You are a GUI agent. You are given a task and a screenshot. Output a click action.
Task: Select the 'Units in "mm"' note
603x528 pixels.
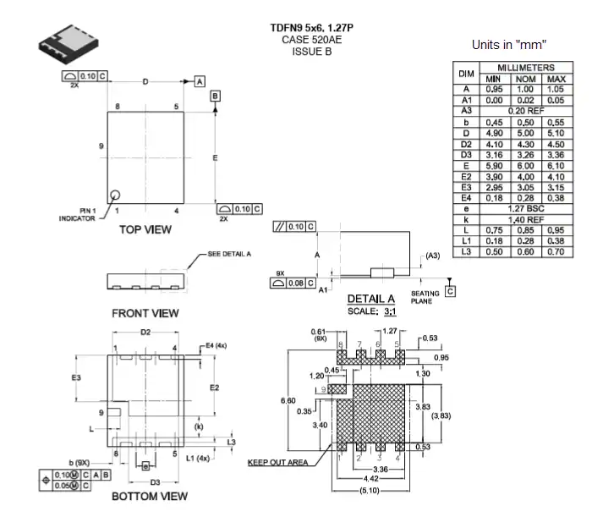click(507, 44)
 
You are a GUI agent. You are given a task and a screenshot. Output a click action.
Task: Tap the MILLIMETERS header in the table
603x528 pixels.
click(525, 68)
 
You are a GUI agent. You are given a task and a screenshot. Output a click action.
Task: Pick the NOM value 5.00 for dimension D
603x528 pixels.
click(525, 133)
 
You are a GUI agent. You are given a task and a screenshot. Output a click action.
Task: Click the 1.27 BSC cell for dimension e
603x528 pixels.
click(525, 208)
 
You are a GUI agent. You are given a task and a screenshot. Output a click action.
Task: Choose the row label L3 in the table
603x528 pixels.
click(465, 251)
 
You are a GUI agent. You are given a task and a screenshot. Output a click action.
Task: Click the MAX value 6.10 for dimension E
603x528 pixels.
click(556, 166)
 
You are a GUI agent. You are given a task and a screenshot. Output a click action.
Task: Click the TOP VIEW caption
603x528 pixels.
click(145, 229)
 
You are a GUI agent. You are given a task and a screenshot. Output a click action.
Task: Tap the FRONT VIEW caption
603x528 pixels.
click(145, 313)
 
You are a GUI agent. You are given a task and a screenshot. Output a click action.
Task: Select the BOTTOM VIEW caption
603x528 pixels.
click(150, 496)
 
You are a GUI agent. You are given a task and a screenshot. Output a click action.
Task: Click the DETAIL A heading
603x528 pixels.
click(371, 299)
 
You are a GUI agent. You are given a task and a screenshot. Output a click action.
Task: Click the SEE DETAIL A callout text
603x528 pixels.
click(229, 254)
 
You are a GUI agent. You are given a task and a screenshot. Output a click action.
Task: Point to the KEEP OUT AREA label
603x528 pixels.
click(277, 463)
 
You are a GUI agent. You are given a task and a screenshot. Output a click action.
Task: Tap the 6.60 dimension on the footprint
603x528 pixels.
click(288, 400)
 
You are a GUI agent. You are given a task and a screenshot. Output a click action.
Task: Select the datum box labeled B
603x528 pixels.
click(216, 96)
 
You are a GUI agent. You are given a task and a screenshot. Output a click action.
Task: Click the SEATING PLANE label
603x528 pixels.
click(425, 297)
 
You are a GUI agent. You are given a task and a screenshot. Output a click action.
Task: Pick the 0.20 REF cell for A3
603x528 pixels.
click(525, 111)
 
